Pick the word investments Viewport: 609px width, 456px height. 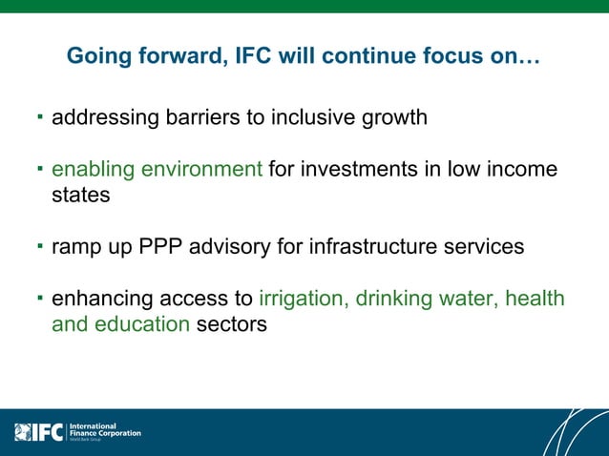point(359,170)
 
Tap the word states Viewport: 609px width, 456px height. point(80,195)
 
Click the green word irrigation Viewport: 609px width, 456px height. point(304,299)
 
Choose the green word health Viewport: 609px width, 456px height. point(535,299)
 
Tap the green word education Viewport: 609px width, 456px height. point(143,324)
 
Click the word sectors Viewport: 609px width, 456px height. point(232,324)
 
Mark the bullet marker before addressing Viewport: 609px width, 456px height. point(40,118)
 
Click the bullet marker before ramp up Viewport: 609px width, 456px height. point(40,246)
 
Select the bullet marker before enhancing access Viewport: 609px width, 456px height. point(40,299)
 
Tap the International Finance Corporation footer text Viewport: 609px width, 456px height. point(105,432)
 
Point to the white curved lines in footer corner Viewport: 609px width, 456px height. point(573,434)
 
